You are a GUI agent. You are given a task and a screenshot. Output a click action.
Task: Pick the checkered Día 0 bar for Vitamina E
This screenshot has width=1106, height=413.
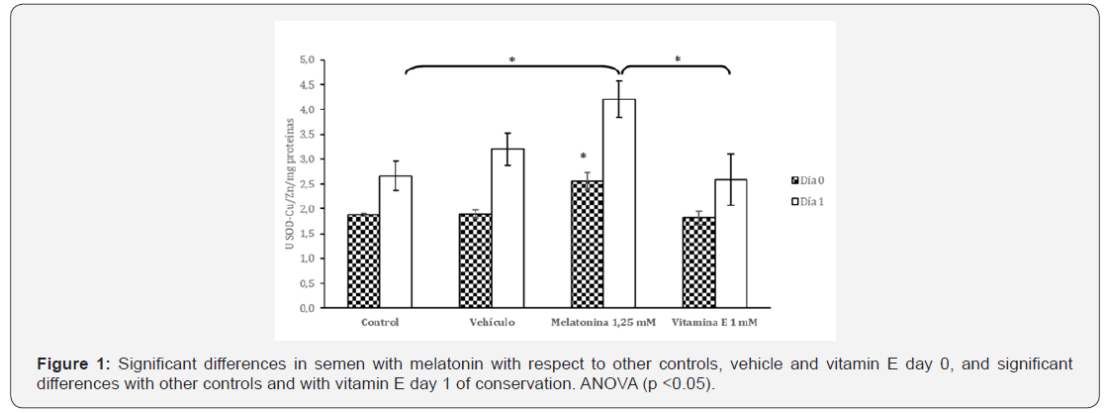[699, 262]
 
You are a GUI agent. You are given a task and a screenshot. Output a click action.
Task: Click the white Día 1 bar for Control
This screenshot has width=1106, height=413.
[395, 242]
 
